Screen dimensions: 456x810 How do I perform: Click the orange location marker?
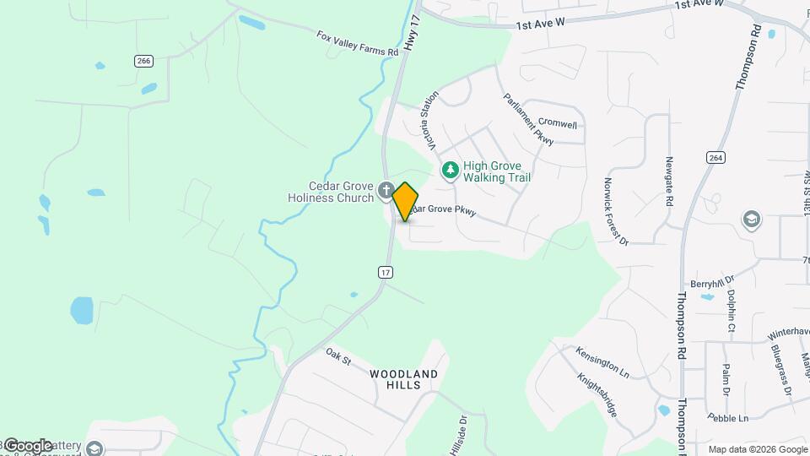click(x=406, y=201)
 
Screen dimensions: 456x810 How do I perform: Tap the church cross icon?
click(x=386, y=189)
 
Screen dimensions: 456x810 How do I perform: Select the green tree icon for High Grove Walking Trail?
click(x=451, y=171)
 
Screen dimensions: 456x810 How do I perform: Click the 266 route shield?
click(x=143, y=60)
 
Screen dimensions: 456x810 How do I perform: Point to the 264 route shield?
click(x=715, y=158)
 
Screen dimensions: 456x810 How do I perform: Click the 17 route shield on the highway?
click(x=385, y=272)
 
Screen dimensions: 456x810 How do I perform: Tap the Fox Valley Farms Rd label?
click(x=357, y=44)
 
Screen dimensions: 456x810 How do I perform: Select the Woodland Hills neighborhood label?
click(x=403, y=379)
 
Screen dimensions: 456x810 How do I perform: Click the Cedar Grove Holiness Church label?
click(x=329, y=193)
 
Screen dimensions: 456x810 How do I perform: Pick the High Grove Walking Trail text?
click(x=497, y=171)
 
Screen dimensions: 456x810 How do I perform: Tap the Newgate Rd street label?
click(x=669, y=182)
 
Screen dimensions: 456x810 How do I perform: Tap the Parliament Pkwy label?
click(x=528, y=119)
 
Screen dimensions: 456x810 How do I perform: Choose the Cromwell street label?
click(x=557, y=124)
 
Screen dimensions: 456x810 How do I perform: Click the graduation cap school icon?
click(x=750, y=220)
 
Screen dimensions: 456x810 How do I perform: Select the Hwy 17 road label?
click(x=412, y=38)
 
